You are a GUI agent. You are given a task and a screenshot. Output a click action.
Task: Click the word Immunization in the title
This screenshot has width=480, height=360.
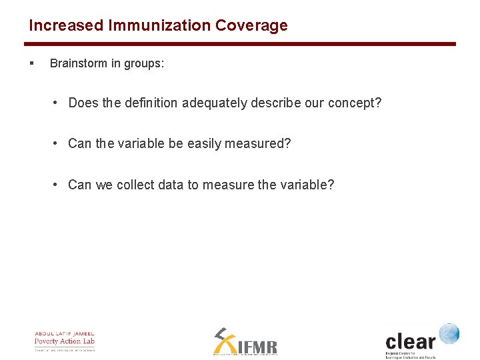click(159, 26)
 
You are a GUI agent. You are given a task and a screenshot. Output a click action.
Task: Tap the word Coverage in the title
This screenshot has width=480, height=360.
click(251, 26)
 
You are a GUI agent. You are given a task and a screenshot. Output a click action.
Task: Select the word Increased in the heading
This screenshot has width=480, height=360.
click(66, 26)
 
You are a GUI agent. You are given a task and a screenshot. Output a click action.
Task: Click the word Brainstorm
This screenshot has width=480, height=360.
click(79, 64)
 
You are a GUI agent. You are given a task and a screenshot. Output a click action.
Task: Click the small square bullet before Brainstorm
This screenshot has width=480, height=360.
click(31, 64)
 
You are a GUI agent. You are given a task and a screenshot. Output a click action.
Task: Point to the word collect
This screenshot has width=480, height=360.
click(135, 185)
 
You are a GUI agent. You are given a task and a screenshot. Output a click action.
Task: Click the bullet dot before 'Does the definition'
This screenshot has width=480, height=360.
click(58, 103)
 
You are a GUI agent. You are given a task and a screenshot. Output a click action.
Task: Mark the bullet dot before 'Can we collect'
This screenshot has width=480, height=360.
click(58, 185)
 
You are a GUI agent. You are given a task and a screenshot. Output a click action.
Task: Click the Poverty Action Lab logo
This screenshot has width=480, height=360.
click(65, 341)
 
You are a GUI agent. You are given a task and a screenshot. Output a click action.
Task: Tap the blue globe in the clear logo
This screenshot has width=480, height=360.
click(449, 333)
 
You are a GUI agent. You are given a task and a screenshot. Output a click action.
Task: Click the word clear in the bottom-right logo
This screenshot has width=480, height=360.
click(410, 341)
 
